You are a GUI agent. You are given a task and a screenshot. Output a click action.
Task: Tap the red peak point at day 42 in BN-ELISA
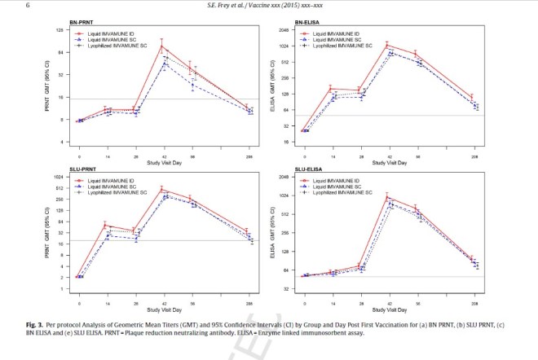[388, 45]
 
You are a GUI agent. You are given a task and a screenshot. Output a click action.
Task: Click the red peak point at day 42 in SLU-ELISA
[388, 197]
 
